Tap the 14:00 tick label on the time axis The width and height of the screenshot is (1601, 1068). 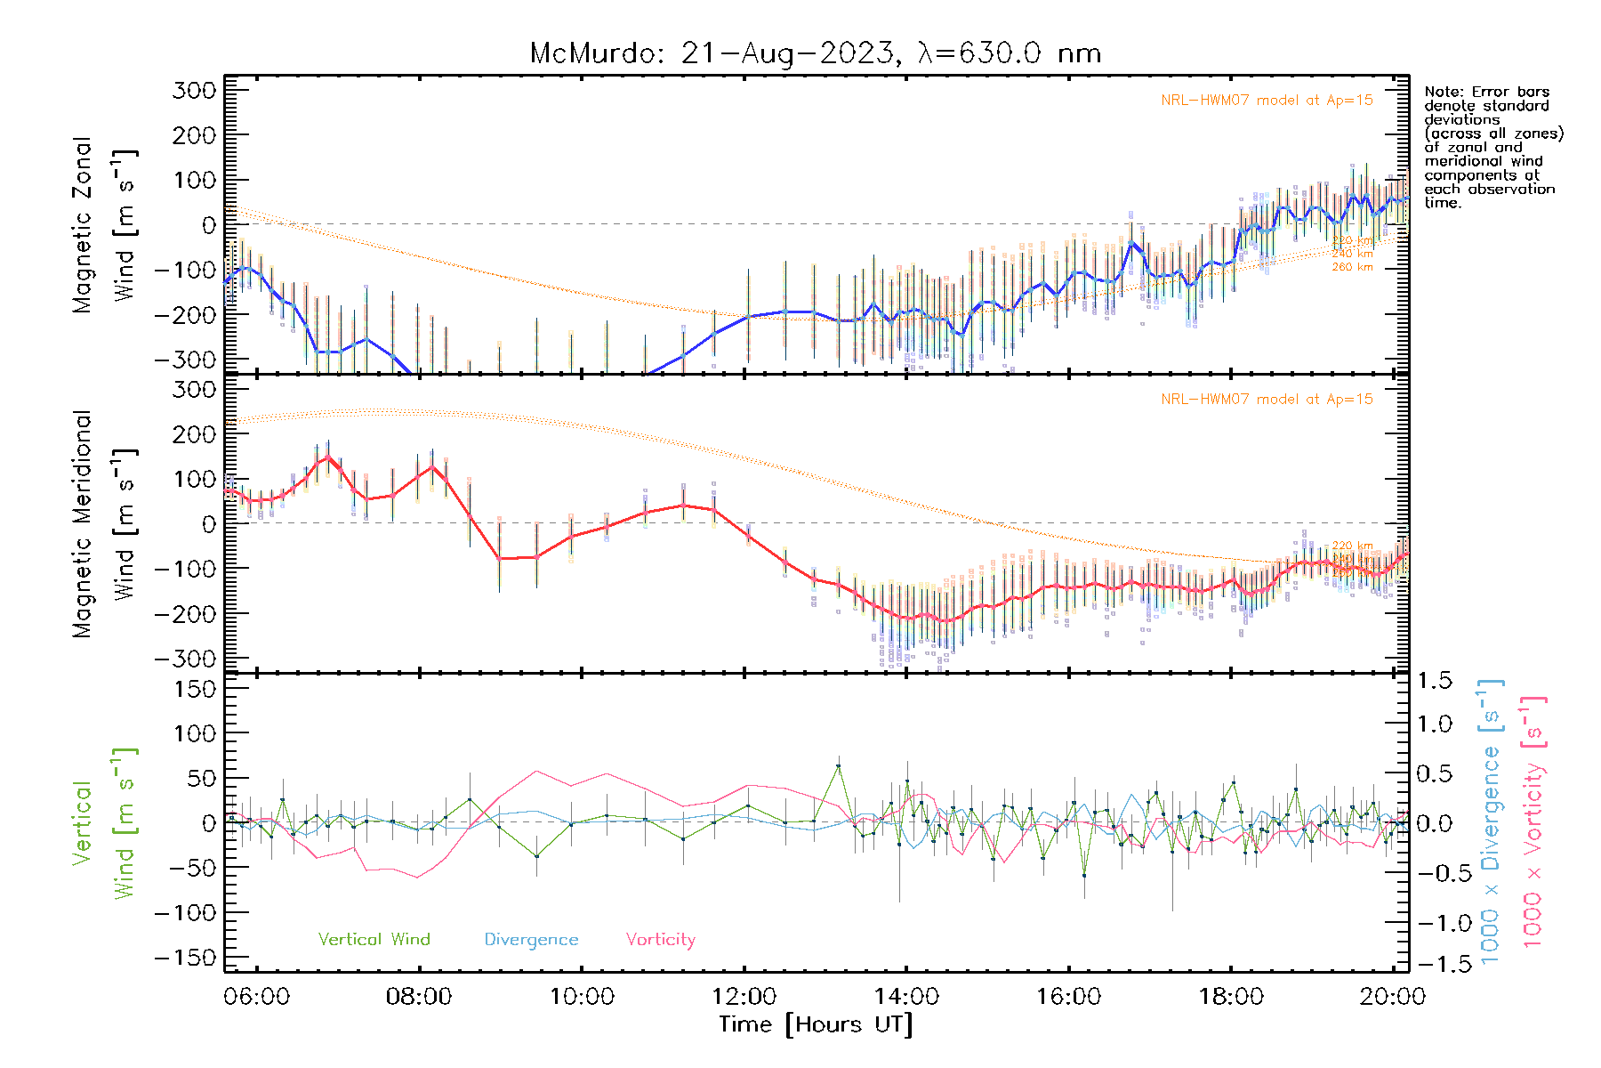906,997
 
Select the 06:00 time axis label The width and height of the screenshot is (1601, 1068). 257,997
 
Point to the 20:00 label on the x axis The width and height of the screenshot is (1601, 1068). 1392,997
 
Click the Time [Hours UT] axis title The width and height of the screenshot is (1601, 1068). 815,1024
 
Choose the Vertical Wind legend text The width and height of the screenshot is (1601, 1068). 374,940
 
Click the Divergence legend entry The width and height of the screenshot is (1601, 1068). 531,940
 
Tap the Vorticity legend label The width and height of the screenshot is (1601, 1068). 660,940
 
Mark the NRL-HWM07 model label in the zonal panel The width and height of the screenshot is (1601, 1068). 1267,101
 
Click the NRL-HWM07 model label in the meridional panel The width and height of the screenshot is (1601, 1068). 1267,400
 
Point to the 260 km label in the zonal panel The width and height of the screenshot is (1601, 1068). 1352,267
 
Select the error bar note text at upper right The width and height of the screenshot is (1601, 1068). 1492,147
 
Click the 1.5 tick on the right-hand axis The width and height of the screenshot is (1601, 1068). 1435,681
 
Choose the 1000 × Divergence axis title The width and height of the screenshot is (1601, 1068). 1491,821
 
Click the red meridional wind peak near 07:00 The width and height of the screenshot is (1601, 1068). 327,457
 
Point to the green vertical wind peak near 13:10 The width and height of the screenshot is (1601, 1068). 838,765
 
